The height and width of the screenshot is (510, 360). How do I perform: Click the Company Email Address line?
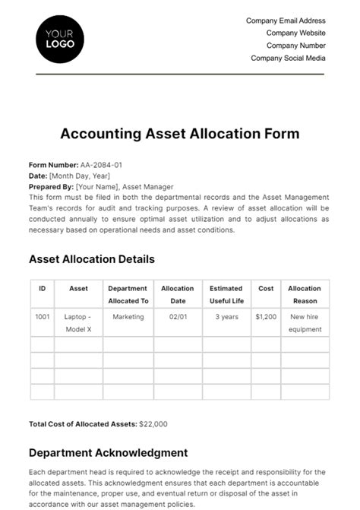click(x=286, y=21)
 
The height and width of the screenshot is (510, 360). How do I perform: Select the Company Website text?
click(x=295, y=33)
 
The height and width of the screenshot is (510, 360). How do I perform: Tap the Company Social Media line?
click(x=288, y=58)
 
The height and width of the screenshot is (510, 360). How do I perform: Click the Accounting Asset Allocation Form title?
click(x=179, y=134)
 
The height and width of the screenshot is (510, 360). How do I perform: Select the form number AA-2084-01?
click(x=101, y=165)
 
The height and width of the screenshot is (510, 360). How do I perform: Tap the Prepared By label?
click(x=51, y=187)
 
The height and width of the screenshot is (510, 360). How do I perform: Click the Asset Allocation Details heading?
click(x=91, y=259)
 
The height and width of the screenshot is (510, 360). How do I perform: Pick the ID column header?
click(x=42, y=289)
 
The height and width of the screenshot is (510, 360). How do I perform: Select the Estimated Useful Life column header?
click(x=226, y=295)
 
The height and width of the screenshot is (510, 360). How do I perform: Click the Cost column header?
click(x=266, y=289)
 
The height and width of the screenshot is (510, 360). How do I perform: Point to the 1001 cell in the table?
click(x=42, y=317)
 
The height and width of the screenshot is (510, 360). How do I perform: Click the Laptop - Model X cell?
click(x=78, y=323)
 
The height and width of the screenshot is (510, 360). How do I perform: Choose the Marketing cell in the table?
click(x=128, y=317)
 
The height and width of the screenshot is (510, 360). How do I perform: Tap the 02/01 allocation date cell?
click(x=177, y=317)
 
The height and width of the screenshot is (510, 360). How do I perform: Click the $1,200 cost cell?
click(x=266, y=317)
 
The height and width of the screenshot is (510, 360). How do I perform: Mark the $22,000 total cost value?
click(x=154, y=424)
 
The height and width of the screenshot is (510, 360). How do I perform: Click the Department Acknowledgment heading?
click(x=108, y=454)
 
